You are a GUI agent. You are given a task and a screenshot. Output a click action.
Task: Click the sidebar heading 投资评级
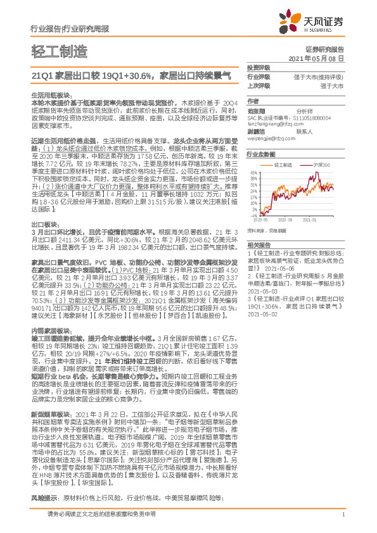pos(259,66)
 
